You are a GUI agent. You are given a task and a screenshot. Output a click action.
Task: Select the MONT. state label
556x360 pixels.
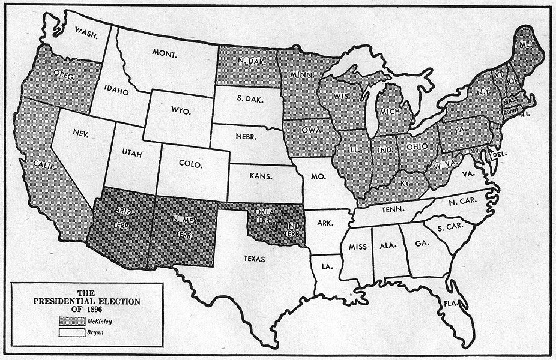click(x=164, y=55)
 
